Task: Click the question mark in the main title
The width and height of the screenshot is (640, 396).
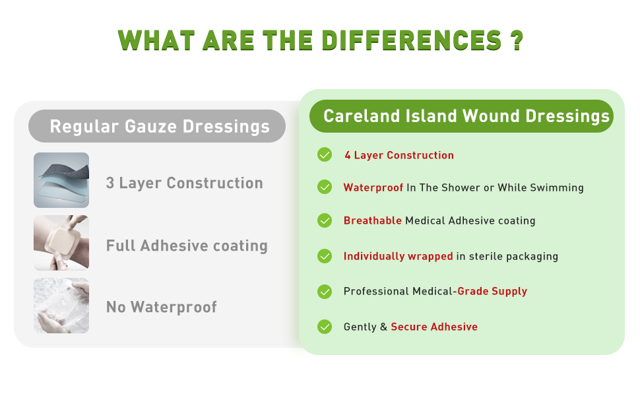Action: pos(517,40)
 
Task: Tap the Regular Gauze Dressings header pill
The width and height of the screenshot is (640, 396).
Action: pos(157,126)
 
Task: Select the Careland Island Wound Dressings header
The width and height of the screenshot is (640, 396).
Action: pos(462,117)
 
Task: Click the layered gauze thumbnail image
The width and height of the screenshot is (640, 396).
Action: pos(61,180)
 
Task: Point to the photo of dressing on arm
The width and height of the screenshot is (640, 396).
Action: pos(61,243)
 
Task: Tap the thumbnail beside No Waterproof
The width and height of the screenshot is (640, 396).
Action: pos(61,306)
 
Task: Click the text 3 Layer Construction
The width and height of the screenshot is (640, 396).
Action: pos(185,183)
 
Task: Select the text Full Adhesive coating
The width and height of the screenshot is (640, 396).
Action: pos(187,246)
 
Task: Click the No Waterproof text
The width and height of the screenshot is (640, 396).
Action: pos(162,307)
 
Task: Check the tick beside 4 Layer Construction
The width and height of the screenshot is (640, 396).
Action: pos(325,155)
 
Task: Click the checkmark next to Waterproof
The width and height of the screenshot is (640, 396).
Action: pos(325,187)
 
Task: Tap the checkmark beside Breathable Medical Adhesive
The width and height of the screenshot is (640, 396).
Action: pos(325,220)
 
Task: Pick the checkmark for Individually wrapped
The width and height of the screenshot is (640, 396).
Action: pos(325,256)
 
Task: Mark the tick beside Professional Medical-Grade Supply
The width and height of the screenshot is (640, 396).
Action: pos(325,291)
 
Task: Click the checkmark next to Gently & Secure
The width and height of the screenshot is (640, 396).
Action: pos(325,327)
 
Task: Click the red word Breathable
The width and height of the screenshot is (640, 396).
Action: pos(373,220)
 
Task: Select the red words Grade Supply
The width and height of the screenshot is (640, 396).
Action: pos(492,291)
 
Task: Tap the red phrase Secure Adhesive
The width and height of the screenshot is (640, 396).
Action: pos(434,327)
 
